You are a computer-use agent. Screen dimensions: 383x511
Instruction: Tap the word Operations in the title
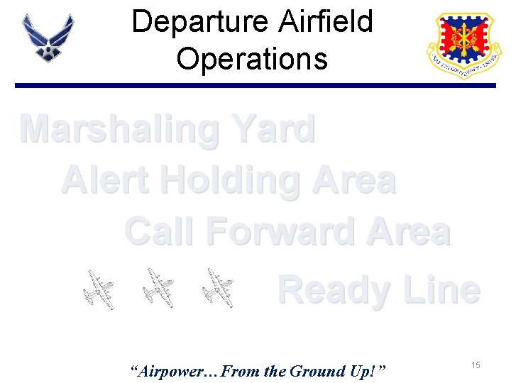click(252, 58)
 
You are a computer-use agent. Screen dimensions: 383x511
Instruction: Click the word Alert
click(106, 181)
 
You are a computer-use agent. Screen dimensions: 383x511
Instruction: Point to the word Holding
click(229, 181)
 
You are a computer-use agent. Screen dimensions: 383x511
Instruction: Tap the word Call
click(155, 232)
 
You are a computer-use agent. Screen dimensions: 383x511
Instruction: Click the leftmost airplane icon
click(97, 289)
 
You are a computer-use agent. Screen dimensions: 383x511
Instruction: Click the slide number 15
click(476, 365)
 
